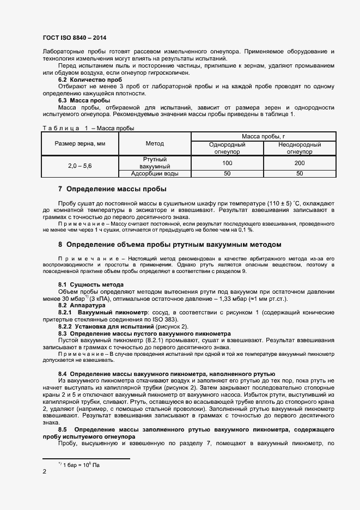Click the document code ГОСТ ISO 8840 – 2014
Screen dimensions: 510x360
[x=74, y=38]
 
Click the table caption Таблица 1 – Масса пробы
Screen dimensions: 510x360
[x=88, y=128]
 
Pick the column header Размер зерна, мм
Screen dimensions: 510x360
[x=80, y=143]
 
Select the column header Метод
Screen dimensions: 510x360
[x=155, y=143]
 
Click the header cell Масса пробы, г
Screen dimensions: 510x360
[x=263, y=136]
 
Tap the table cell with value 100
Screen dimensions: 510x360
[x=227, y=163]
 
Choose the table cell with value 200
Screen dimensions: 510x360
[x=299, y=163]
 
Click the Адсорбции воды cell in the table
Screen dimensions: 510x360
[x=155, y=174]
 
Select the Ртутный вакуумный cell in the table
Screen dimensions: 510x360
[x=155, y=163]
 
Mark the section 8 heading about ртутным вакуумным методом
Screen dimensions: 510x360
[x=169, y=244]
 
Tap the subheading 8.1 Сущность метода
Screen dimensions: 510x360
[x=90, y=285]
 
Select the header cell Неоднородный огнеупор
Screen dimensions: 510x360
[x=299, y=148]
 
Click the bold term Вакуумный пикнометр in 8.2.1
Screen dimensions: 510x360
[x=109, y=312]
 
